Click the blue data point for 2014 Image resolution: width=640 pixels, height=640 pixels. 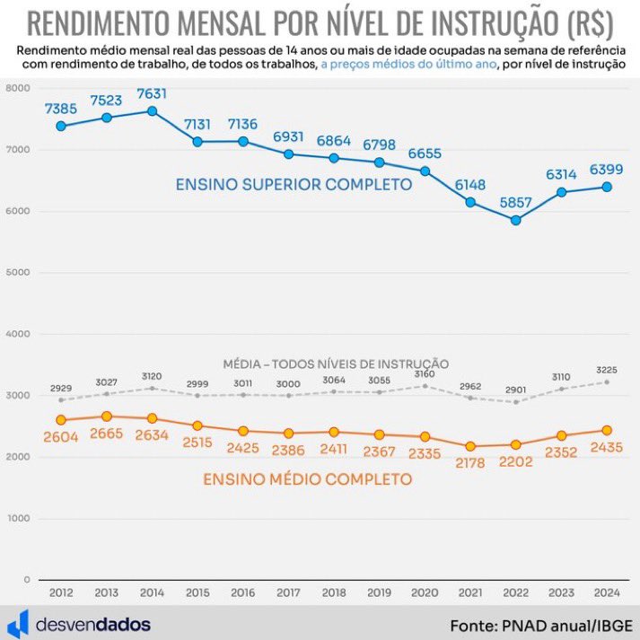[153, 111]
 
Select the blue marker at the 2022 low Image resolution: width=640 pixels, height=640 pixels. [516, 220]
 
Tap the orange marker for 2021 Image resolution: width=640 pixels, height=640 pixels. [470, 446]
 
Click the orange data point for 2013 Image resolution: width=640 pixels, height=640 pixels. [107, 416]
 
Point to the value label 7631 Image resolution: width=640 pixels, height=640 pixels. [153, 93]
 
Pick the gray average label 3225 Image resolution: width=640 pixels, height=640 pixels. [607, 369]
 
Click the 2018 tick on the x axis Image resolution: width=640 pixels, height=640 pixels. [334, 593]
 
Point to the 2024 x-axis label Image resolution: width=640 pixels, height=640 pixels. [607, 593]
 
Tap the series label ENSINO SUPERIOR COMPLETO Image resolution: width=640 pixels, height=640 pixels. [294, 184]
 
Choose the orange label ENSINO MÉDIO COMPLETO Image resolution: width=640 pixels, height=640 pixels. [307, 479]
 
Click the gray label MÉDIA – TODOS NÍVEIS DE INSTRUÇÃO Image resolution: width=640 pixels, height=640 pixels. [336, 364]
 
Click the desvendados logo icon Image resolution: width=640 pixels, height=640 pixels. [20, 623]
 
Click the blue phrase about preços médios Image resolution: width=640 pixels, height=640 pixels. [405, 66]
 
